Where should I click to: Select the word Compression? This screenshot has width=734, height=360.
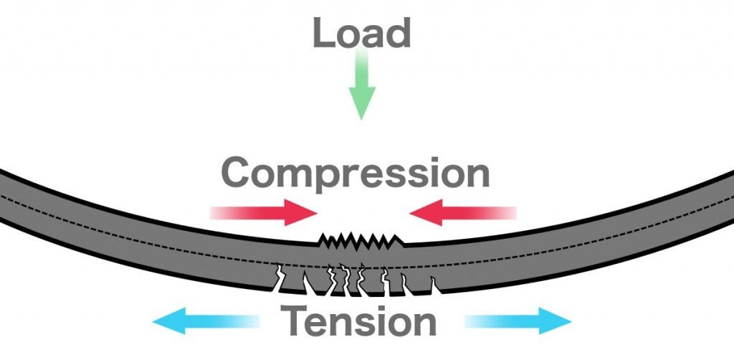tap(356, 174)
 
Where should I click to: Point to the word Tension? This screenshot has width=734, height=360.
tap(358, 321)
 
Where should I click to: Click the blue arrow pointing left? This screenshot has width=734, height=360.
tap(207, 321)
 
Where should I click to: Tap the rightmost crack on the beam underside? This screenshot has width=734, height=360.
tap(434, 285)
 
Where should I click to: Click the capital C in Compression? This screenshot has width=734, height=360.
tap(238, 174)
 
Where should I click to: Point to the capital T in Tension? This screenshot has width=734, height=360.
tap(295, 321)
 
